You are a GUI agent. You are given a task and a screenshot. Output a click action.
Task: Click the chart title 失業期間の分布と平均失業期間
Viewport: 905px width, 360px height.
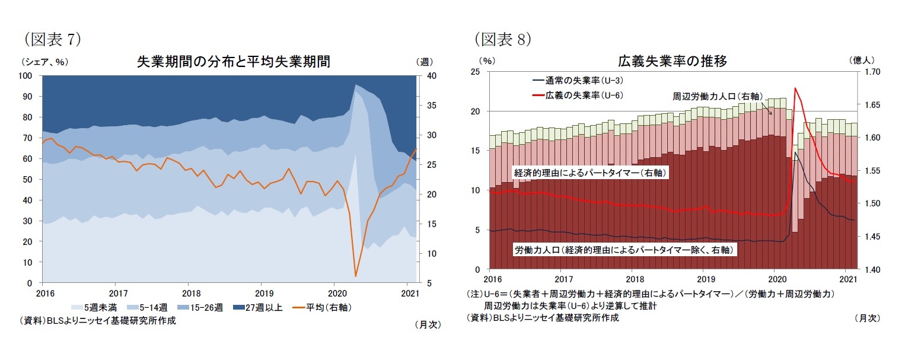233,61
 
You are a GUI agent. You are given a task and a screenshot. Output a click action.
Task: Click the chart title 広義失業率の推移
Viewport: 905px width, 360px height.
673,61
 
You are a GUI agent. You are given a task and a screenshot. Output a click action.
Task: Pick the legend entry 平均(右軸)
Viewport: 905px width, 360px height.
314,307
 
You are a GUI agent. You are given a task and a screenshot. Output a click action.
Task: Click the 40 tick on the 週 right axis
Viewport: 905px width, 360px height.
431,76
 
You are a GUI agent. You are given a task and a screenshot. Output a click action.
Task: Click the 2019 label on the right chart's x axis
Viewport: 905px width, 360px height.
705,279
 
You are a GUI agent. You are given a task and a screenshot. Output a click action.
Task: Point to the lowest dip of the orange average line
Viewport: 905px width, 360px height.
356,276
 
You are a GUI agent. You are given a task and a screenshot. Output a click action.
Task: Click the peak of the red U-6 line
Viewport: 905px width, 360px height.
795,88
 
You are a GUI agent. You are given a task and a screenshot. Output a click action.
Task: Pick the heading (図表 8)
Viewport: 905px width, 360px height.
502,39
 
